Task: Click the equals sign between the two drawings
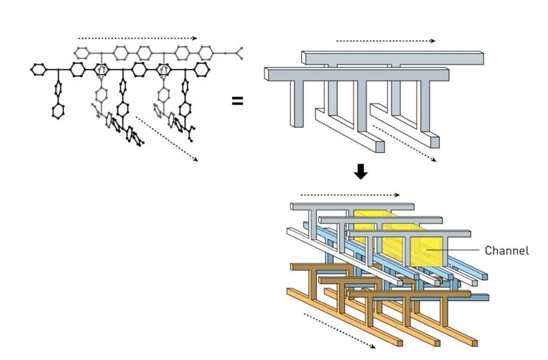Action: [237, 100]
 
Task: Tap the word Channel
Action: [507, 250]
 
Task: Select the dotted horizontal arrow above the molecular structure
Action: [137, 38]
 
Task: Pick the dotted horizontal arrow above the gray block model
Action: [386, 41]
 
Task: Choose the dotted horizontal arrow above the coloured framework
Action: [350, 195]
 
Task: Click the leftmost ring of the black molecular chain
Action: [38, 70]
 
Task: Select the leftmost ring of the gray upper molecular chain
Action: [82, 52]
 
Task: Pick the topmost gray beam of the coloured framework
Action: [352, 206]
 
